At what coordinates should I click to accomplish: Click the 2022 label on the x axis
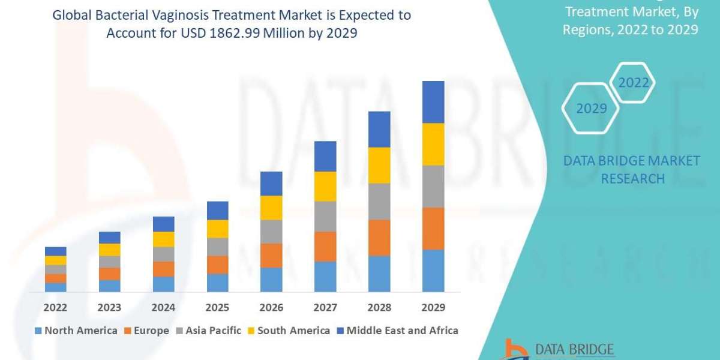click(x=55, y=308)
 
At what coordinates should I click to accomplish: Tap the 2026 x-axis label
click(x=271, y=308)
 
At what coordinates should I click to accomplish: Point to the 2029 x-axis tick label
click(x=433, y=308)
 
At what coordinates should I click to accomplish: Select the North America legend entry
click(x=76, y=331)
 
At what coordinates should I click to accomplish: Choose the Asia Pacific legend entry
click(x=208, y=331)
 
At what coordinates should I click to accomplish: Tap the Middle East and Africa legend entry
click(x=397, y=331)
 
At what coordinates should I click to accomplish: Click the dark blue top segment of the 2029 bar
click(x=433, y=102)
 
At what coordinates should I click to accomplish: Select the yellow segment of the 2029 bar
click(x=433, y=144)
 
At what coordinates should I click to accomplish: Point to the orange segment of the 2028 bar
click(x=379, y=238)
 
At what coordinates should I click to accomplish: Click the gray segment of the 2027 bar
click(x=325, y=216)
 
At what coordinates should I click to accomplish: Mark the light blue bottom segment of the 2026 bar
click(x=271, y=280)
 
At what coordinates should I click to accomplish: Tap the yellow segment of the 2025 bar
click(x=217, y=229)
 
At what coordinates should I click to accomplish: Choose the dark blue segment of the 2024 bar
click(x=163, y=224)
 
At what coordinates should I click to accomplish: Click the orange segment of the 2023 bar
click(x=109, y=274)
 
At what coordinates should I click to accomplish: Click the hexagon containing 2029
click(x=591, y=109)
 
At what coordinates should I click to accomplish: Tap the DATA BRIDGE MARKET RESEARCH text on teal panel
click(x=632, y=169)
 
